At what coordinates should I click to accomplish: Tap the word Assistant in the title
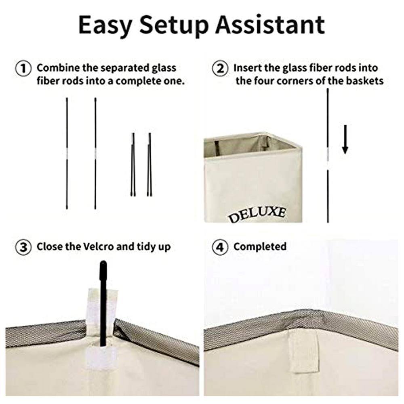270,25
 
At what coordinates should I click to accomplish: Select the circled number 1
23,69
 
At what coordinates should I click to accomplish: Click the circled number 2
220,69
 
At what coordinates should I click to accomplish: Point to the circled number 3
23,247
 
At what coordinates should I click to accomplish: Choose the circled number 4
220,247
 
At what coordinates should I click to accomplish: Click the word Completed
260,247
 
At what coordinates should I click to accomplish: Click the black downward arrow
345,139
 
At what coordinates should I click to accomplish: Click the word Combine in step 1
58,68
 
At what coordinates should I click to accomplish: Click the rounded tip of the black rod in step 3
103,264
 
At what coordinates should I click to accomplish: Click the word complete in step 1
135,81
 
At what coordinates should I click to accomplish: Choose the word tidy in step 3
145,247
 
